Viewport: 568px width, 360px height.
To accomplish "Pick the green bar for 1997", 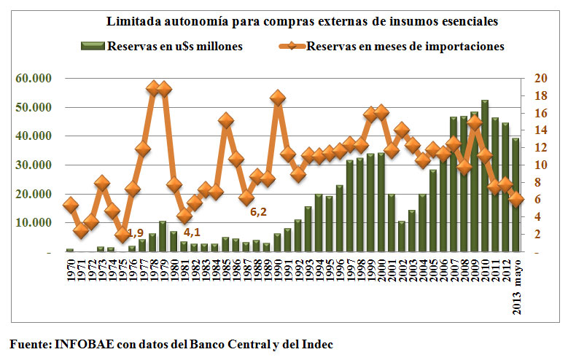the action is coord(349,206).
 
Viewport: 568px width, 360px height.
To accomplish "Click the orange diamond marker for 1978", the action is coord(153,88).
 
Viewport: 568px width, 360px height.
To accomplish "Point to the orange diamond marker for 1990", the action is coord(278,98).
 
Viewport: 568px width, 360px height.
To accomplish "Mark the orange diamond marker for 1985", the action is coord(226,120).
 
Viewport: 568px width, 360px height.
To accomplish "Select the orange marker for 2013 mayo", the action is coord(516,199).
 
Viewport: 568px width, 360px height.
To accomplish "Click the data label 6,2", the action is coord(258,211).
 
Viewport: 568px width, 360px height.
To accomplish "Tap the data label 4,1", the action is coord(192,232).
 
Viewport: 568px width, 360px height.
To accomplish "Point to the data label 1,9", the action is coord(136,233).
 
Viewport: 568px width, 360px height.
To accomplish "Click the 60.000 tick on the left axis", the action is coord(34,78).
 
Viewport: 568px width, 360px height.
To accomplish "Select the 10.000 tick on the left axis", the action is coord(34,222).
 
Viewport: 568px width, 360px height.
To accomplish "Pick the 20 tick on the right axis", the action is coord(540,78).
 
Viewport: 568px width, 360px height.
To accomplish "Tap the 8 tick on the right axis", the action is coord(537,182).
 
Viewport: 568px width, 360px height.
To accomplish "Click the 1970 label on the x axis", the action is coord(70,270).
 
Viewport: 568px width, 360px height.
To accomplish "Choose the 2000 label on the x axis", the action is coord(381,270).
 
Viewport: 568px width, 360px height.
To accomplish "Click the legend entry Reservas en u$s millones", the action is coord(162,47).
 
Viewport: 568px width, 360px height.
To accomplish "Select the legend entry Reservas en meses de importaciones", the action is coord(392,47).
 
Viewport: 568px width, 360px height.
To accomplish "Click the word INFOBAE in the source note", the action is coord(85,344).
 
